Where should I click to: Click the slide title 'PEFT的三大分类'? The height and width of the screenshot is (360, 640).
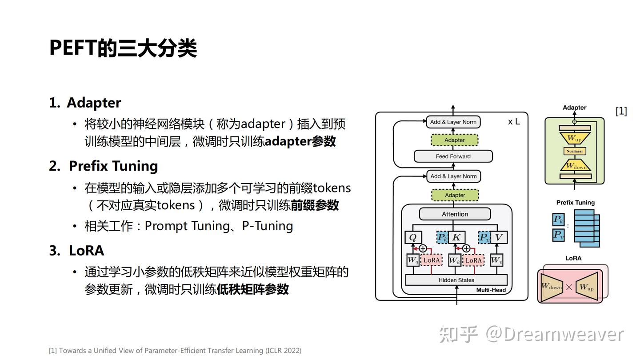coord(123,48)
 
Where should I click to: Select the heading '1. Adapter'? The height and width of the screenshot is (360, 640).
coord(85,103)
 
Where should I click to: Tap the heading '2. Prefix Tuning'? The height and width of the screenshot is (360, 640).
coord(104,166)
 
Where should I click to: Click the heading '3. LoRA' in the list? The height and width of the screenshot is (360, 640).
coord(76,250)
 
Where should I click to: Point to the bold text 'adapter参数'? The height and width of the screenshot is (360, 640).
coord(300,141)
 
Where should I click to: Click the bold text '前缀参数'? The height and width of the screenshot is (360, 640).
coord(315,205)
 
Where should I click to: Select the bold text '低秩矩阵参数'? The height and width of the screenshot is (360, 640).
coord(252,289)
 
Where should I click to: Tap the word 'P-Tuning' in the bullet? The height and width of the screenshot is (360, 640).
coord(268,226)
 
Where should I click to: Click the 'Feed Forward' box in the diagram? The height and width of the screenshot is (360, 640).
coord(453,156)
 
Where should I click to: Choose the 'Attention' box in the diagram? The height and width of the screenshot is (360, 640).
coord(455,214)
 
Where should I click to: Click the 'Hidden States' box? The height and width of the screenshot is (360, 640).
coord(456,280)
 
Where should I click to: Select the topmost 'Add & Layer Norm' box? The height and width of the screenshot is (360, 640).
coord(453,122)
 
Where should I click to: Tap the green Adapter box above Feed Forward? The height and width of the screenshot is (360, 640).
coord(454,140)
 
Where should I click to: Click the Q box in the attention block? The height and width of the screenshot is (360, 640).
coord(413,237)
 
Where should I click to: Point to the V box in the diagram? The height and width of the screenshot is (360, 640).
coord(499,237)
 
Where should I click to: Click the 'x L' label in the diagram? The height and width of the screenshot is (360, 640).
coord(514,122)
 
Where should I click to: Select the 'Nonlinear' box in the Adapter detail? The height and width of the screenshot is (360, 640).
coord(575,151)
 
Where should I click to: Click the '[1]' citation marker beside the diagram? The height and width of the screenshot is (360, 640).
coord(621,111)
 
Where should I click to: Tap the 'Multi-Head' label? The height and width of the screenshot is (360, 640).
coord(491,290)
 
